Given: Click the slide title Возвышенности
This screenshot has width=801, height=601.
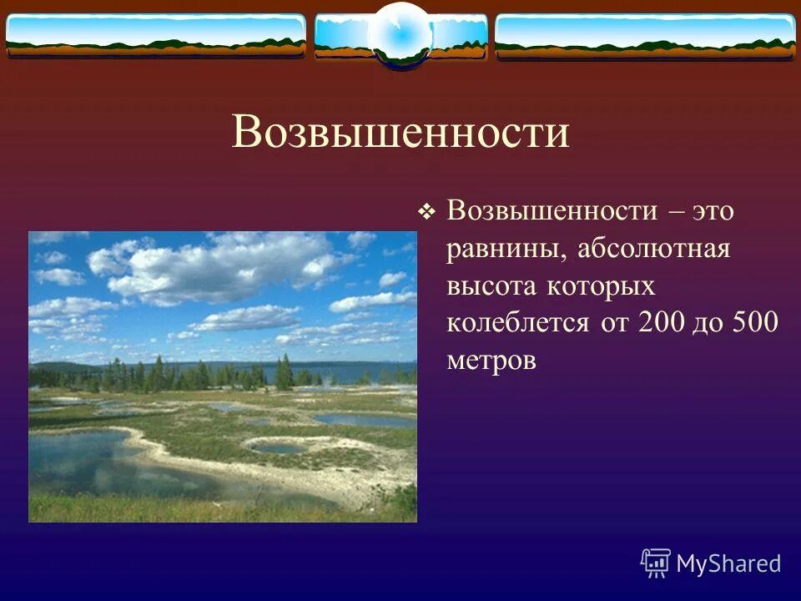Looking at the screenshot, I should [400, 133].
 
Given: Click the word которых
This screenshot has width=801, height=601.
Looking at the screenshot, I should [601, 286].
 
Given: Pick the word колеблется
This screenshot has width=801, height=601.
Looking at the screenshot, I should [517, 324].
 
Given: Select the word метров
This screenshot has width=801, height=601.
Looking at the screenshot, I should [491, 361].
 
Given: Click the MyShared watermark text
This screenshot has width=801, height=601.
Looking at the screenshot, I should [728, 563].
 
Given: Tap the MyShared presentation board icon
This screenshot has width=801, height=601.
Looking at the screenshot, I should [656, 563].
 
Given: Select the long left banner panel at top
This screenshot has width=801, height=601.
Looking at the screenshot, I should [156, 36].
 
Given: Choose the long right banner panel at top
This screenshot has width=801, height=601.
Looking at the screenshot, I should [645, 36].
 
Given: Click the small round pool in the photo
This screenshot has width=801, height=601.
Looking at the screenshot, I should [278, 448].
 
